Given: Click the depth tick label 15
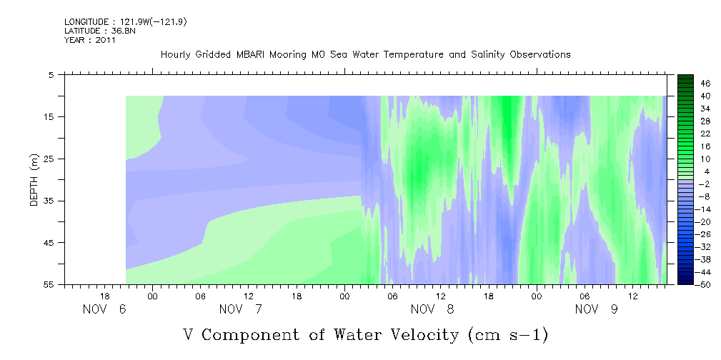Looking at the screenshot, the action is point(49,116).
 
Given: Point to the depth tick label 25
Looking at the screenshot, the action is point(49,159).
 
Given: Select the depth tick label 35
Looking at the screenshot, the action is point(49,201).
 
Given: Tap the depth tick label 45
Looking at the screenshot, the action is point(49,243).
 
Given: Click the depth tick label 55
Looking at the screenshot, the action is point(49,284).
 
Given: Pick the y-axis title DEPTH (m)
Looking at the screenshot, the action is point(34,180).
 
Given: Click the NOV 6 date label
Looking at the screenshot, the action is point(104,309).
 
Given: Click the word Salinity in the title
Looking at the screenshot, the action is point(488,55).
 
